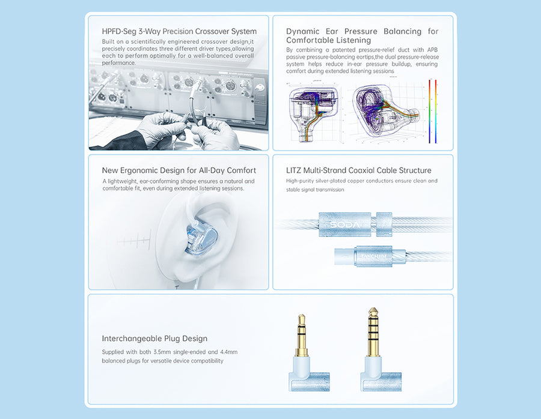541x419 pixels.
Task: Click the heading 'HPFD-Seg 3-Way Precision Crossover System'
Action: point(179,31)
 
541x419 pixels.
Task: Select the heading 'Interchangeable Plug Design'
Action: point(154,339)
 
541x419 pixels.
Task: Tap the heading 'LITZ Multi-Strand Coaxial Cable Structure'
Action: point(358,170)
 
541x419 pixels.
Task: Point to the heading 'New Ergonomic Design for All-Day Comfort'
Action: point(179,170)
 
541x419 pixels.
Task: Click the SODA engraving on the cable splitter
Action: point(344,225)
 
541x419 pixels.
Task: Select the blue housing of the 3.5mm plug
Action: point(309,375)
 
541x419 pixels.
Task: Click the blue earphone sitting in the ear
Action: point(201,238)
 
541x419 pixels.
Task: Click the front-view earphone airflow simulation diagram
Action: point(314,112)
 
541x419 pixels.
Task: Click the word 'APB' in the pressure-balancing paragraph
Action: point(432,50)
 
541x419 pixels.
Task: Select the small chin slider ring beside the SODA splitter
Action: point(384,225)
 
